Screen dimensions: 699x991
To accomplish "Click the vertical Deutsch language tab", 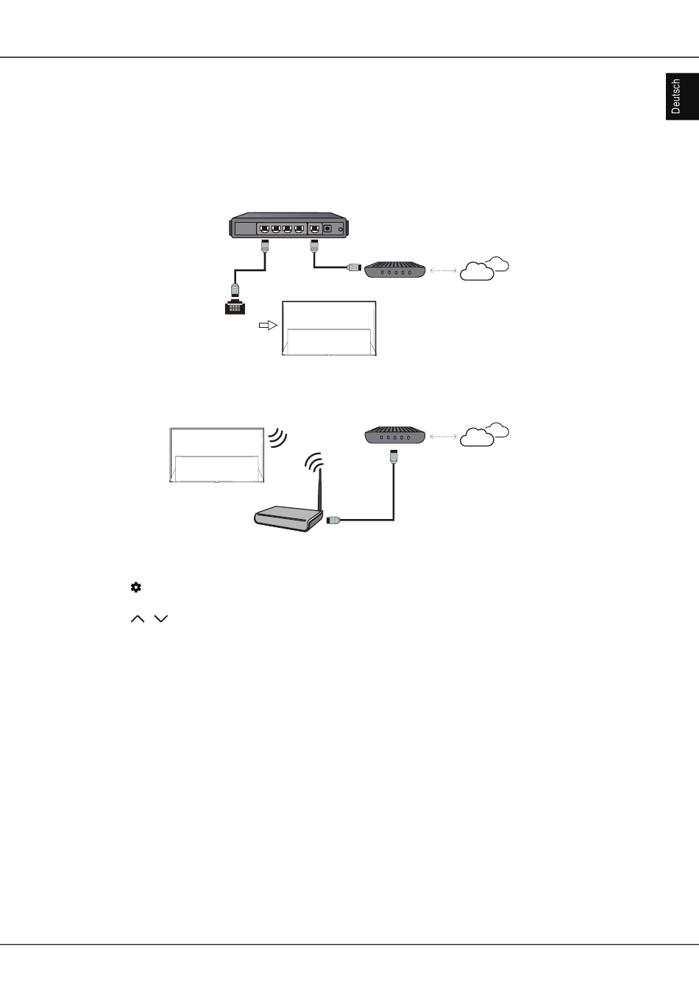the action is coord(682,96).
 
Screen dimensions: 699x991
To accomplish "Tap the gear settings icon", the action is coord(136,587).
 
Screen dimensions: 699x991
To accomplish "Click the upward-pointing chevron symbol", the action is coord(138,618).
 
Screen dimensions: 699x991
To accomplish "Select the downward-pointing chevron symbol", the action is coord(160,618).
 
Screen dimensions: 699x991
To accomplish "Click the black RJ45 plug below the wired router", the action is coord(235,307).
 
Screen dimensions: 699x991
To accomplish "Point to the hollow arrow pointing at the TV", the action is coord(268,326).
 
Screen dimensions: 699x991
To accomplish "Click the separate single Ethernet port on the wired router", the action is coord(315,229).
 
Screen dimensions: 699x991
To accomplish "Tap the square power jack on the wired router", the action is coord(327,229).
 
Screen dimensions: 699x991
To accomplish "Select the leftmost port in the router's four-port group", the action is coord(264,229).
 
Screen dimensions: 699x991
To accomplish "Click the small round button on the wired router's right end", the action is coord(341,229).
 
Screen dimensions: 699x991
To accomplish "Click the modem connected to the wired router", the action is coord(394,269).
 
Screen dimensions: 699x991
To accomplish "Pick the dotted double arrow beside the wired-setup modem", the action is coord(443,271).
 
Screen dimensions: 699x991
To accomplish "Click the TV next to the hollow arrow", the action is coord(330,329).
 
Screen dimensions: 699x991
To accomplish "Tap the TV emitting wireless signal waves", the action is coord(217,455).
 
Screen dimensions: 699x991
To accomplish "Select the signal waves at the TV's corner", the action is coord(277,437).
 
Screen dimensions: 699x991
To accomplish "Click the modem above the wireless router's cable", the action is coord(395,435).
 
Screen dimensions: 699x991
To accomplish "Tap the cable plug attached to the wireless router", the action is coord(333,520).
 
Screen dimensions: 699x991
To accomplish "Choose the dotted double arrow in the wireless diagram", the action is coord(443,437).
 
